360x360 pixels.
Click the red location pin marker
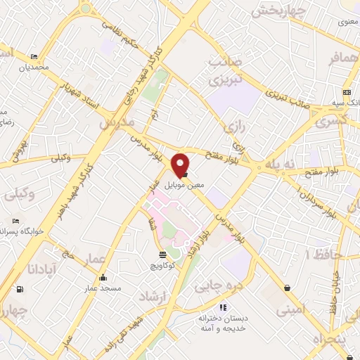(181, 165)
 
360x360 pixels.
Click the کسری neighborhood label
(330, 121)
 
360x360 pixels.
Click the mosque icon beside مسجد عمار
(103, 277)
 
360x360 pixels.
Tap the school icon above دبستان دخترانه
(223, 307)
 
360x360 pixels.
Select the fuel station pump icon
(19, 288)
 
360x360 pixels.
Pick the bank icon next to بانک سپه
(346, 92)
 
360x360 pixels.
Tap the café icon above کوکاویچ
(162, 254)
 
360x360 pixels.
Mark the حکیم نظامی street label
(120, 30)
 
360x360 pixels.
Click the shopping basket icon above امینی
(288, 287)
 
